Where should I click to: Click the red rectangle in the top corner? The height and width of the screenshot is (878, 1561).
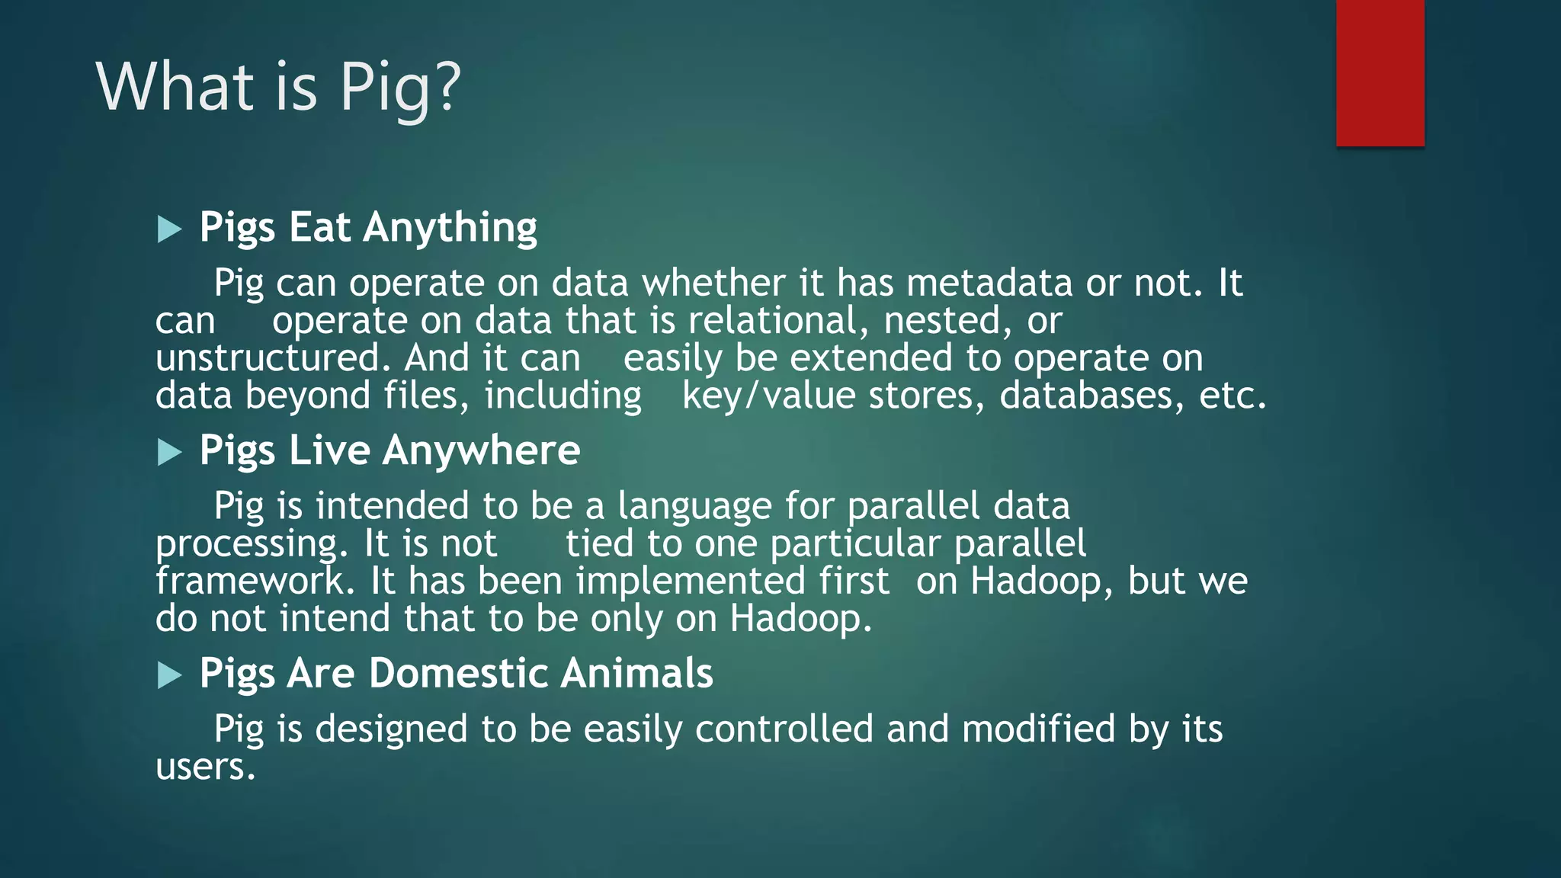(1380, 72)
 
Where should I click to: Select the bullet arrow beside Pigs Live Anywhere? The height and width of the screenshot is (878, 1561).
(169, 453)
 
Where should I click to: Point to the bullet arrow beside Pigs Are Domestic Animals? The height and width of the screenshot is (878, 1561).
(169, 675)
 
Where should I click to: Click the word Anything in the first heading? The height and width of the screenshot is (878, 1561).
(450, 228)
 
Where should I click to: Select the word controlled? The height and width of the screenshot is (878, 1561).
(784, 729)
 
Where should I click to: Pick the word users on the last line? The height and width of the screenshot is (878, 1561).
(204, 767)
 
